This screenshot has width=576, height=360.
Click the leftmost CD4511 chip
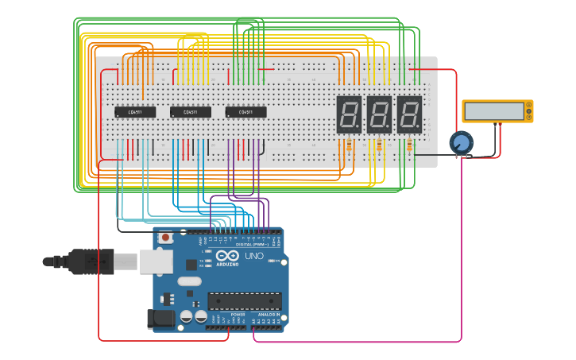pos(134,112)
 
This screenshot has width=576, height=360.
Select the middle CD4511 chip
pos(191,112)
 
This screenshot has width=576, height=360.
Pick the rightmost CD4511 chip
pos(245,112)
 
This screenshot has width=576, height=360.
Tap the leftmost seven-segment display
pos(349,114)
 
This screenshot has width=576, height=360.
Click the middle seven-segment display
pos(379,114)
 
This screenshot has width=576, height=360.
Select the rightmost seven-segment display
pos(409,114)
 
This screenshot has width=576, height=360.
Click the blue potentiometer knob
pos(461,143)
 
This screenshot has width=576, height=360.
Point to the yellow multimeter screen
pos(497,111)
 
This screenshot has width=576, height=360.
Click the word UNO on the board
pos(253,257)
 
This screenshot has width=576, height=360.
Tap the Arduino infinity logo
pos(227,257)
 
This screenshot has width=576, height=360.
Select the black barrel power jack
pos(161,319)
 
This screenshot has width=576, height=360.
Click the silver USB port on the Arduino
pos(157,261)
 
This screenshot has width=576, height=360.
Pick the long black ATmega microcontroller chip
pos(245,301)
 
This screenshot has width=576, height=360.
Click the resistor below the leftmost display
pos(349,145)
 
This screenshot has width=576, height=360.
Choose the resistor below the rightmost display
pos(409,145)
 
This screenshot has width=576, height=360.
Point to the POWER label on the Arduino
pos(238,315)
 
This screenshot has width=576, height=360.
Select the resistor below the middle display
pos(379,145)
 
